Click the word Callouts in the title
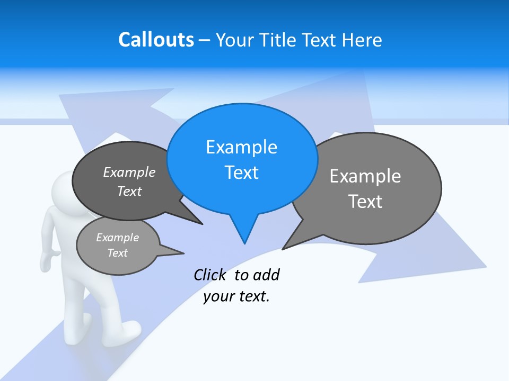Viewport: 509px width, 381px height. pyautogui.click(x=156, y=40)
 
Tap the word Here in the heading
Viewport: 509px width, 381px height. pyautogui.click(x=362, y=40)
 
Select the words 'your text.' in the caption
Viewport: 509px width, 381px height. pyautogui.click(x=236, y=296)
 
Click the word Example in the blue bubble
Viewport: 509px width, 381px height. pyautogui.click(x=241, y=147)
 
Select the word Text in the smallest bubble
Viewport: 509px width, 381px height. pyautogui.click(x=118, y=253)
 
